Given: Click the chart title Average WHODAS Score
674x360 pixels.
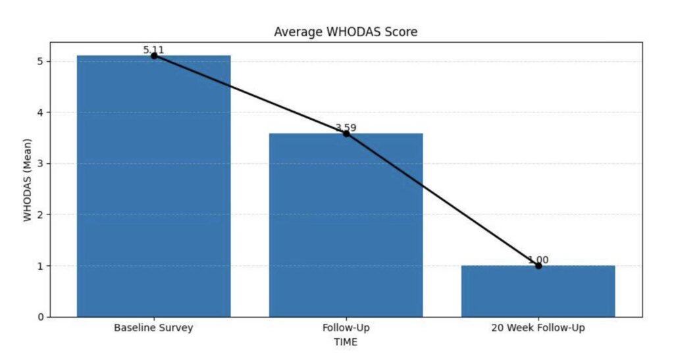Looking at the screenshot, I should (345, 32).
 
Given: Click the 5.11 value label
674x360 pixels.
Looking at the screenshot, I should (153, 50).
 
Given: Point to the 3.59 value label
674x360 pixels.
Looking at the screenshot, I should (346, 128).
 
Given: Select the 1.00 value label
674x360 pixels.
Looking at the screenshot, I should (538, 260).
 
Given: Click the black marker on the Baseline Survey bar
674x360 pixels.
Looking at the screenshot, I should (153, 56).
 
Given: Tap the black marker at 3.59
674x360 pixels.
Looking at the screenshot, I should (346, 134).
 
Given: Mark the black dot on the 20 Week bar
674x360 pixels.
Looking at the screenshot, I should (538, 266).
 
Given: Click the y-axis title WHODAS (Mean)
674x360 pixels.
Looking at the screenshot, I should (28, 179).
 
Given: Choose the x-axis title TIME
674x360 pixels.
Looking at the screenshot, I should (345, 342).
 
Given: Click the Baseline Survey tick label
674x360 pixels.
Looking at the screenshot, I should (153, 328).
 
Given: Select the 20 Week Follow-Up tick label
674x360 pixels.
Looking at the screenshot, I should (538, 328).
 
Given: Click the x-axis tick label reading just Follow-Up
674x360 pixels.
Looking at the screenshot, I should (346, 328).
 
